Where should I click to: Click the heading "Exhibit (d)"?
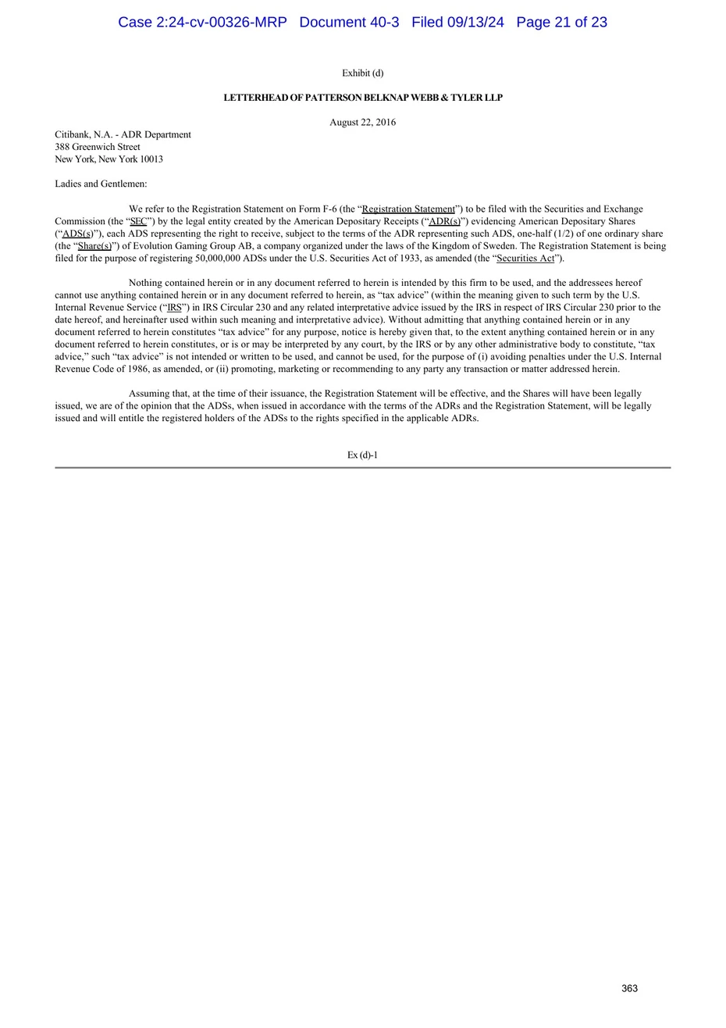(x=362, y=73)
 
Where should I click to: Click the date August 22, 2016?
(x=362, y=123)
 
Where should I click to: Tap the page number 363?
(x=629, y=988)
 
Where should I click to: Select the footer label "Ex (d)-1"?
(x=362, y=455)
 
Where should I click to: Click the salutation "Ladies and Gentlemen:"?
(x=101, y=184)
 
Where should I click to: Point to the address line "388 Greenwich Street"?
(x=98, y=147)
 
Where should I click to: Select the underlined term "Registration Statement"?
(x=408, y=209)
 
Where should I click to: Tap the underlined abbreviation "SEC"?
(x=138, y=222)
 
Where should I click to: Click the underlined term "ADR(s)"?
(x=444, y=222)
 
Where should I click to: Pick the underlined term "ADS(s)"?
(x=77, y=234)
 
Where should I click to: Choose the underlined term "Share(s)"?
(x=95, y=246)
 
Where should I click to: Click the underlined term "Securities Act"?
(x=525, y=259)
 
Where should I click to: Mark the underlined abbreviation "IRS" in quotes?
(x=174, y=308)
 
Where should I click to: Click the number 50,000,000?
(x=218, y=259)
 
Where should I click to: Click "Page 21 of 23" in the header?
(x=561, y=23)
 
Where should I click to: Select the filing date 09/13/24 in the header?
(x=474, y=23)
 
